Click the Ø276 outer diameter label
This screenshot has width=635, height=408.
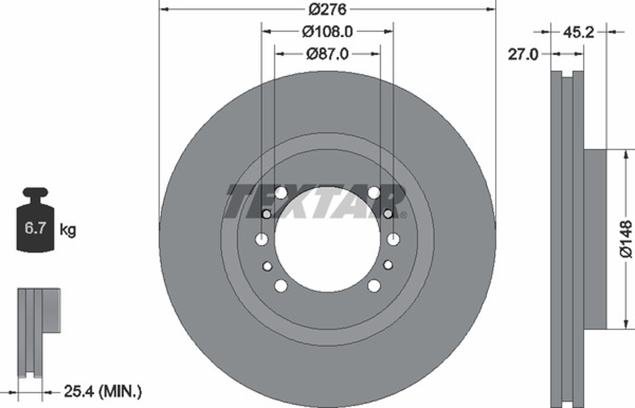point(328,10)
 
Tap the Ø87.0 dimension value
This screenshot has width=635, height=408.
point(327,54)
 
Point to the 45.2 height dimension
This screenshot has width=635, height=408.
point(578,33)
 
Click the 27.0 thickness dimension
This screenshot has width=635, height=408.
point(523,55)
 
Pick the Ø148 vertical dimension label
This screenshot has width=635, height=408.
point(626,239)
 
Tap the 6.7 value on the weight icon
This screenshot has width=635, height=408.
point(35,228)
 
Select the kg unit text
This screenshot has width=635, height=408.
point(68,230)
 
